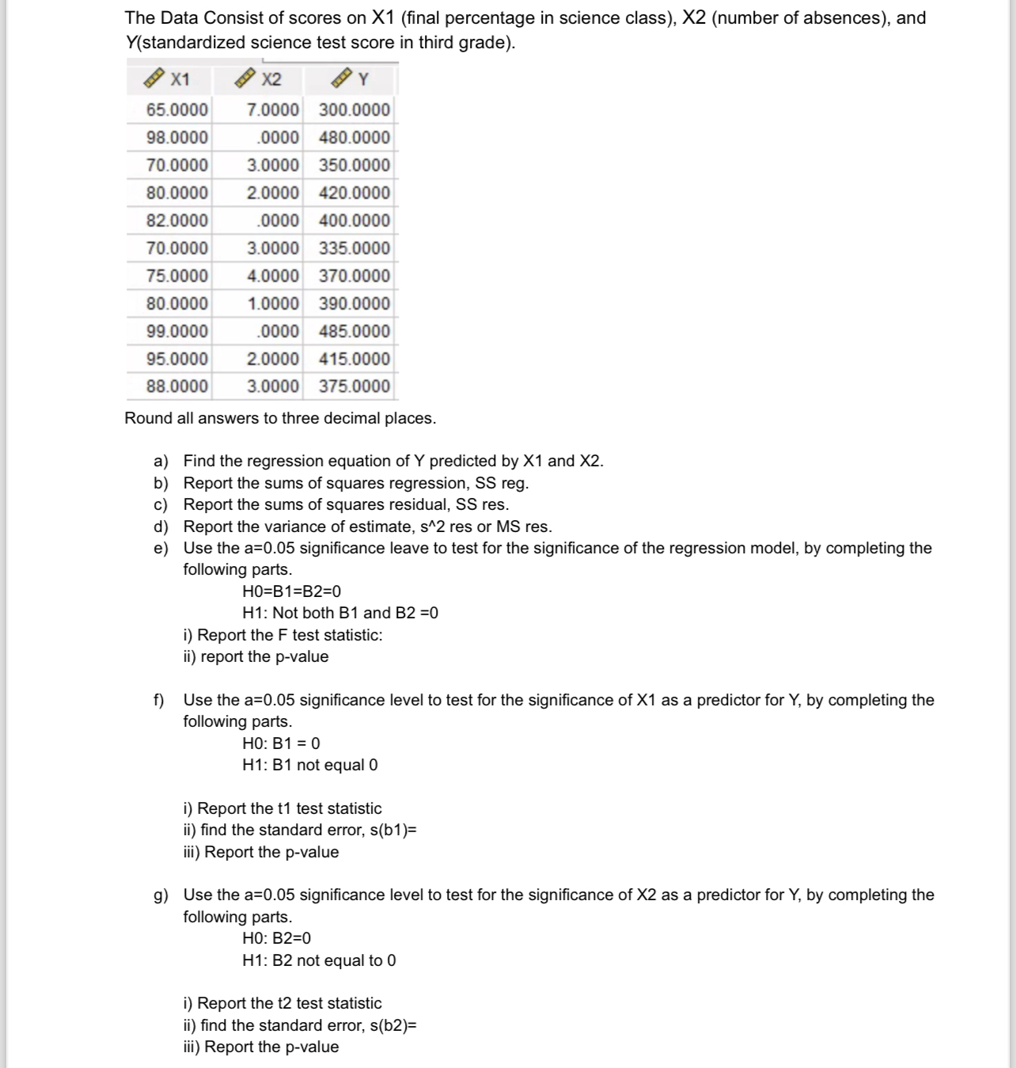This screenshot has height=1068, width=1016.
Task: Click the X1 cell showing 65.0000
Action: pyautogui.click(x=177, y=110)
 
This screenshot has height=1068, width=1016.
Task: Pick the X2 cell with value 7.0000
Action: pyautogui.click(x=273, y=110)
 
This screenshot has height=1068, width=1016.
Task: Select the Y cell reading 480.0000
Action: pyautogui.click(x=354, y=138)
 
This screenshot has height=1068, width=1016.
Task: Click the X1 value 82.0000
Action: pyautogui.click(x=177, y=221)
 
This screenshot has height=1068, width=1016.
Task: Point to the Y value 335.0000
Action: pyautogui.click(x=354, y=249)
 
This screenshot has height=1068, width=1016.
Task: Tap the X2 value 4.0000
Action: pyautogui.click(x=273, y=276)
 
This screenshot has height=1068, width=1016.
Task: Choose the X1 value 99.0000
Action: pyautogui.click(x=177, y=331)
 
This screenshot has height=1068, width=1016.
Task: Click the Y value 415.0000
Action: pyautogui.click(x=354, y=359)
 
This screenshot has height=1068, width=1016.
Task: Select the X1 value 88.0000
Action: pyautogui.click(x=177, y=386)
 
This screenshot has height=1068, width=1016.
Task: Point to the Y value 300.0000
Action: pyautogui.click(x=354, y=110)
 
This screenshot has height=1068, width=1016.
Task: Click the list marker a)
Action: pyautogui.click(x=161, y=462)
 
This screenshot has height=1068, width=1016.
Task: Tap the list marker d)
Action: pyautogui.click(x=161, y=527)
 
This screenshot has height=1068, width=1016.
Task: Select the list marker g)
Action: pyautogui.click(x=161, y=895)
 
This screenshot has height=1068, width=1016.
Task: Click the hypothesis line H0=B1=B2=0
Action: pyautogui.click(x=292, y=591)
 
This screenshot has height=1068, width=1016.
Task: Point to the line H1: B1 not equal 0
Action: pyautogui.click(x=310, y=765)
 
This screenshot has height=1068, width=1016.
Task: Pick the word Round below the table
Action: pyautogui.click(x=148, y=418)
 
